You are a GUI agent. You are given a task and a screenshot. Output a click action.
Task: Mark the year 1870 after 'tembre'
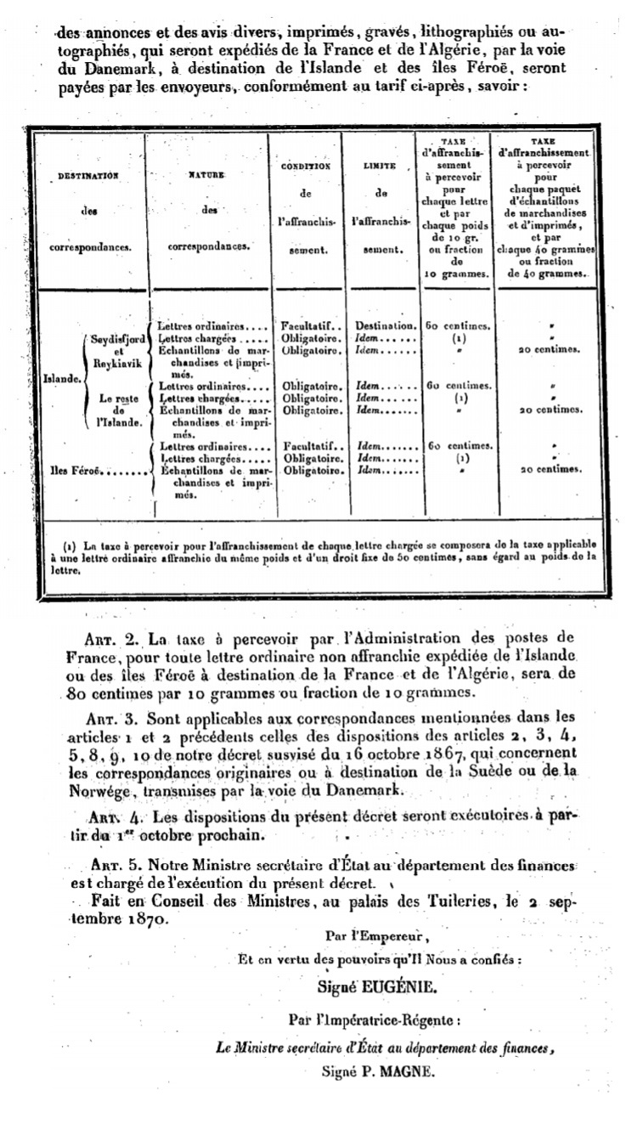(x=137, y=919)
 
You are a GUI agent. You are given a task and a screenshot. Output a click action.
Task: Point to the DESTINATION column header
(x=87, y=176)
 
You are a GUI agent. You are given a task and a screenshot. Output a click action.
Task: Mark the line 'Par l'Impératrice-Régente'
(x=363, y=1019)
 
